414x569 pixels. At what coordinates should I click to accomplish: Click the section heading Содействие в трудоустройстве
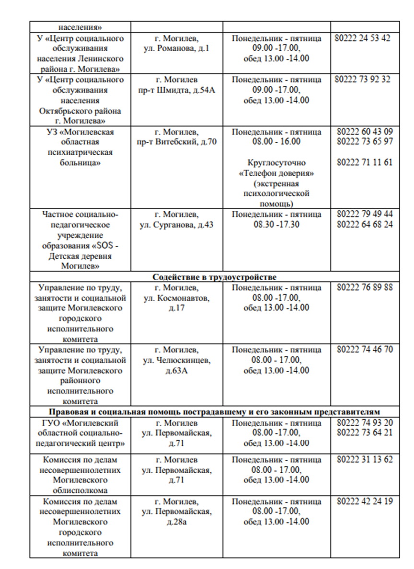214,277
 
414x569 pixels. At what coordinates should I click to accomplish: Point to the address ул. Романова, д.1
177,49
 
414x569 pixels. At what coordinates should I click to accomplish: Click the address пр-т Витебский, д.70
177,142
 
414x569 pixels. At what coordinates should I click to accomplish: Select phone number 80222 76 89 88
365,288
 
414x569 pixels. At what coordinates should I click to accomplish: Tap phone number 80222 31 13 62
365,460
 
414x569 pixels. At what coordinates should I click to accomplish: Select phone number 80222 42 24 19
365,502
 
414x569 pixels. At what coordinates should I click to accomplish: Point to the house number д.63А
177,371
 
